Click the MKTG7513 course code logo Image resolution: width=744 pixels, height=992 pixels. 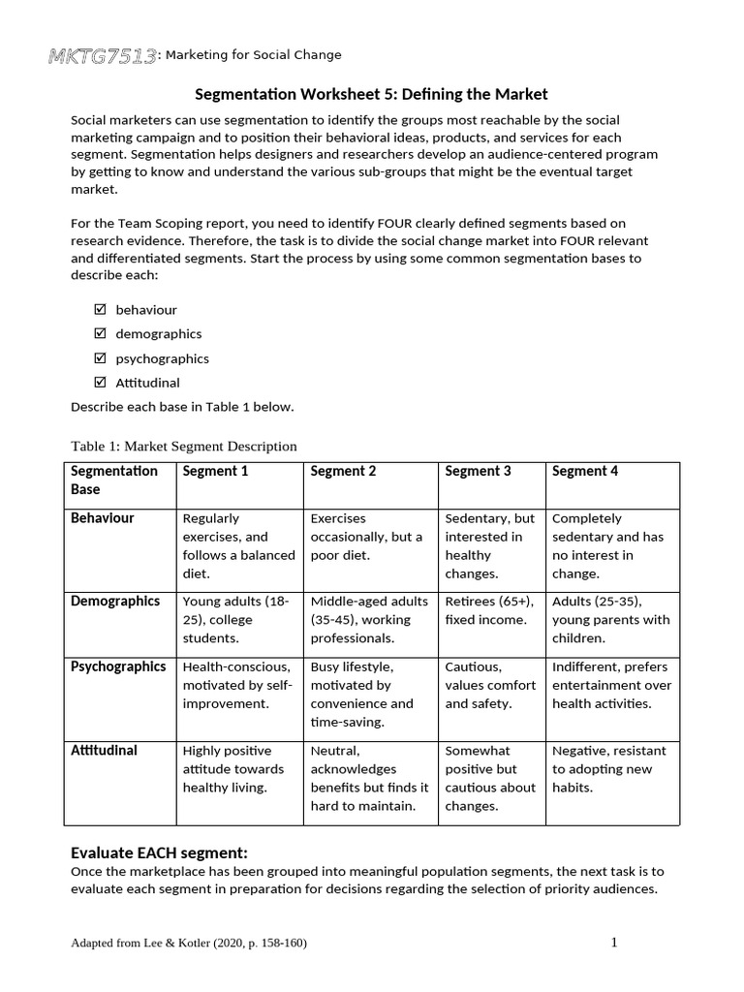pos(103,56)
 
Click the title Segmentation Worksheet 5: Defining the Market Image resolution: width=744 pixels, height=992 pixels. pos(372,94)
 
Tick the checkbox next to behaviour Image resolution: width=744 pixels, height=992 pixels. pos(99,310)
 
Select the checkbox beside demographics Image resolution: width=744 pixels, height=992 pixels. pos(99,334)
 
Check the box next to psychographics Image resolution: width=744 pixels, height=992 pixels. pos(99,358)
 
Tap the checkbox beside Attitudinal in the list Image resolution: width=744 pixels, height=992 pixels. pos(99,383)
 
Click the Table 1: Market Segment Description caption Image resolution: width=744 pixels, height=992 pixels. pos(184,446)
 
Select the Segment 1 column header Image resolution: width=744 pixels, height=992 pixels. pos(215,472)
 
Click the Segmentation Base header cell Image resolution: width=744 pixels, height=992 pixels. pos(114,480)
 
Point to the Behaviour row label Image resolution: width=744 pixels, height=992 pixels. pos(103,518)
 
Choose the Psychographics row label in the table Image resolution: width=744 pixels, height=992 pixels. pos(117,666)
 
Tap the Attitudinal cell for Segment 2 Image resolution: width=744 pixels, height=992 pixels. pos(369,778)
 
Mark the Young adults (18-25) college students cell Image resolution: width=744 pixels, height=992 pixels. pos(237,620)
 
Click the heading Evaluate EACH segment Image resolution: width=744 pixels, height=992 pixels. pos(160,853)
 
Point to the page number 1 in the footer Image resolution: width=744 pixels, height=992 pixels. pos(614,943)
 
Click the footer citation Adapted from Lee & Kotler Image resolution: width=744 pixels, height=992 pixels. pos(189,944)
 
